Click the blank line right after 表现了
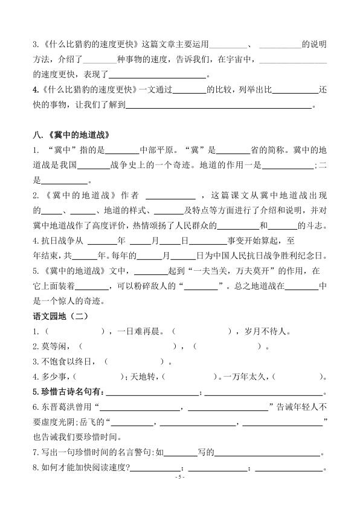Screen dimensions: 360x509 [x=157, y=77]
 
